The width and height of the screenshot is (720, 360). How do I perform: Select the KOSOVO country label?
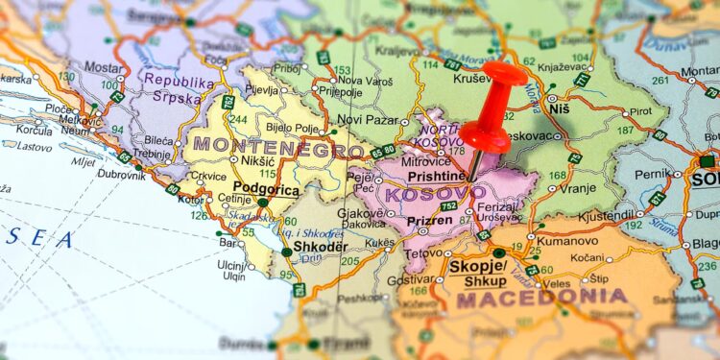[434, 194]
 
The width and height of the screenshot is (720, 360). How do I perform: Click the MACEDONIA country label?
[541, 299]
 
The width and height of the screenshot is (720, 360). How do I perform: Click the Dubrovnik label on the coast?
[121, 175]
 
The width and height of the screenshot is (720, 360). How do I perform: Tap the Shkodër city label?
[321, 246]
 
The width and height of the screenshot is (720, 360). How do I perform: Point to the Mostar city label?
[104, 69]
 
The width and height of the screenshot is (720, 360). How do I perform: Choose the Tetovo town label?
[422, 254]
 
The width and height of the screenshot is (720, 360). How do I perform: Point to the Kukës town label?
[379, 244]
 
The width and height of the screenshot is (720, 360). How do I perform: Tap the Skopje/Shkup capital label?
[479, 273]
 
